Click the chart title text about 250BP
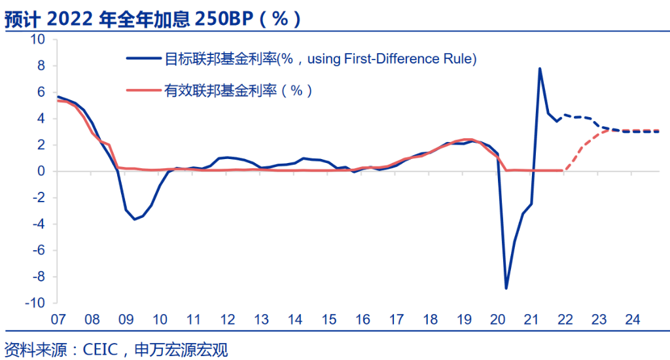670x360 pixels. pyautogui.click(x=154, y=18)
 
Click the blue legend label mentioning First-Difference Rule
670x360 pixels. pyautogui.click(x=319, y=59)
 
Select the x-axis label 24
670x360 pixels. pyautogui.click(x=633, y=320)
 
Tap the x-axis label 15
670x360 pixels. pyautogui.click(x=329, y=320)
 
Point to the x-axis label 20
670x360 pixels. pyautogui.click(x=498, y=320)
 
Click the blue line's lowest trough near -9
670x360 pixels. pyautogui.click(x=506, y=288)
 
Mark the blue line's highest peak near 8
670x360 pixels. pyautogui.click(x=540, y=68)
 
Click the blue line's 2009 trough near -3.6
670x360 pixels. pyautogui.click(x=135, y=219)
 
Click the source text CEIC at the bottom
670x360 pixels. pyautogui.click(x=101, y=349)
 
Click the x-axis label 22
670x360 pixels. pyautogui.click(x=565, y=320)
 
